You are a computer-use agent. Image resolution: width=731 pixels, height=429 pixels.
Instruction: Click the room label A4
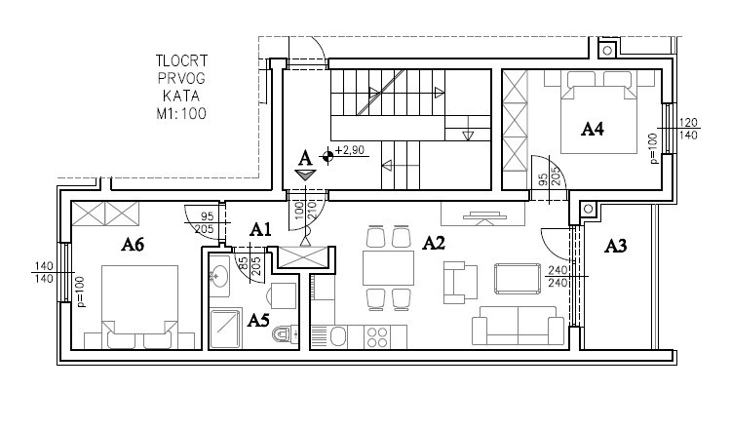[x=592, y=129]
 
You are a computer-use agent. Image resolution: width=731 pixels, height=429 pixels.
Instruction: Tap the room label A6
[x=133, y=244]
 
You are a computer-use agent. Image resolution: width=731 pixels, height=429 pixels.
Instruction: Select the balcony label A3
[x=615, y=246]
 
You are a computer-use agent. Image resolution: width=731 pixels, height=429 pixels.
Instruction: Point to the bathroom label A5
[x=258, y=320]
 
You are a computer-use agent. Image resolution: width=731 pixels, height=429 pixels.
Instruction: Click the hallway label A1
[x=260, y=229]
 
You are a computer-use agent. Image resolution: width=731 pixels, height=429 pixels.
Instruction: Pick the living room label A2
[x=434, y=243]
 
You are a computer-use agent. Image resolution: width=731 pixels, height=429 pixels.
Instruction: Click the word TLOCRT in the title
[x=181, y=60]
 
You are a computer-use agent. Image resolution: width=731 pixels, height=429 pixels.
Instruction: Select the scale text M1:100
[x=181, y=113]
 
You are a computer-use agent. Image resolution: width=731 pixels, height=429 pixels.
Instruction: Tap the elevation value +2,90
[x=349, y=150]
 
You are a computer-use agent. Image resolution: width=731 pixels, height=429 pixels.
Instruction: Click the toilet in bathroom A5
[x=287, y=333]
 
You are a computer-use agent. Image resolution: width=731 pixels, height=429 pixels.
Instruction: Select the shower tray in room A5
[x=225, y=329]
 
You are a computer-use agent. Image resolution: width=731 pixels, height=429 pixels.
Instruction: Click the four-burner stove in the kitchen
[x=376, y=336]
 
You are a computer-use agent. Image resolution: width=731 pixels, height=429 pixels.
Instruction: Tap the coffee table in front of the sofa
[x=518, y=279]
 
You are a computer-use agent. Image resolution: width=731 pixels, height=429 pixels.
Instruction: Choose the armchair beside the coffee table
[x=460, y=283]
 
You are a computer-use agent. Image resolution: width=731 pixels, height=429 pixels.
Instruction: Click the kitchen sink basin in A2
[x=337, y=336]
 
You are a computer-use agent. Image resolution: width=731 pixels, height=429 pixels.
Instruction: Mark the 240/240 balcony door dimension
[x=558, y=277]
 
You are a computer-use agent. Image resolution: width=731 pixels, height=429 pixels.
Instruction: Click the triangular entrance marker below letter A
[x=305, y=175]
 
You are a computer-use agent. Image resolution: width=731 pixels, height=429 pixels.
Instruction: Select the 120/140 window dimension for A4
[x=688, y=129]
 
